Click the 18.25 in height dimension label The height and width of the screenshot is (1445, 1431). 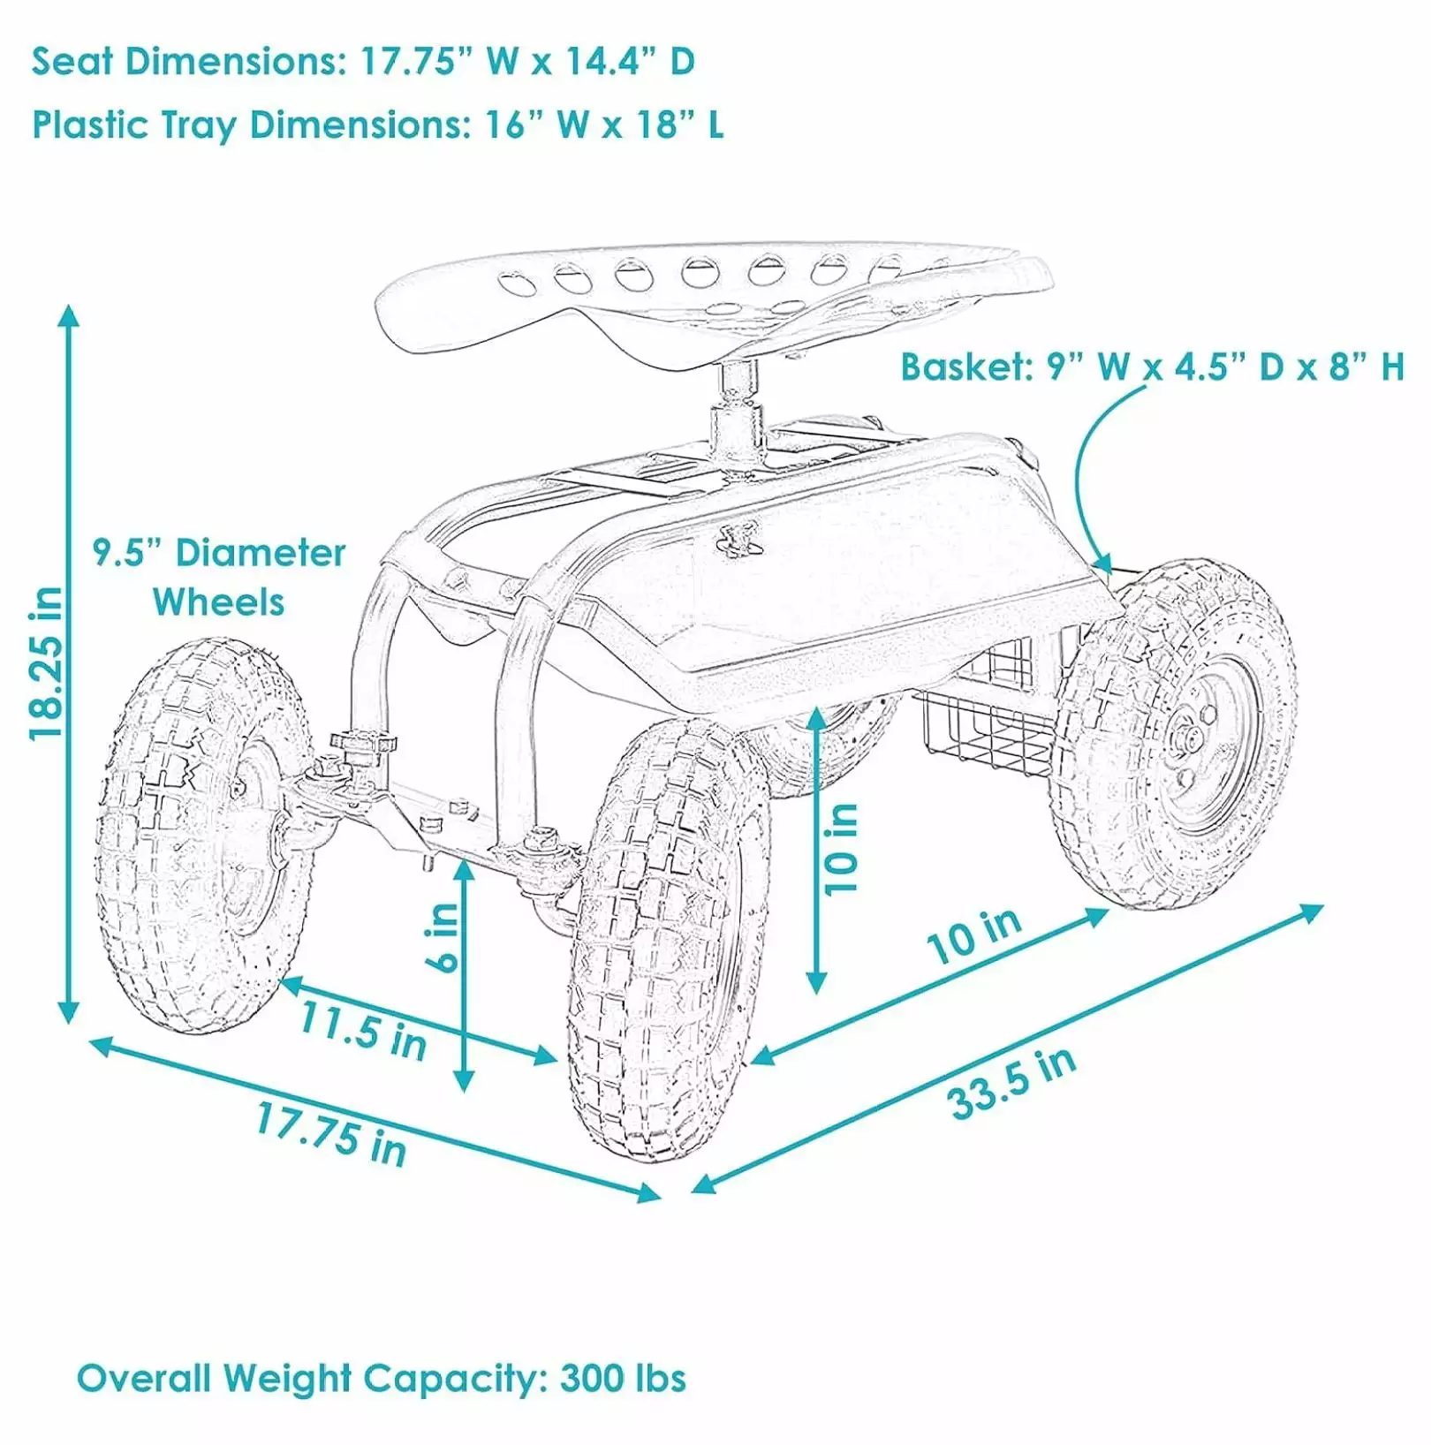tap(45, 663)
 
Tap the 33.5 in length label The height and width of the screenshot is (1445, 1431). tap(1012, 1083)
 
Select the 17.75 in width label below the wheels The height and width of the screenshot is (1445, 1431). tap(331, 1134)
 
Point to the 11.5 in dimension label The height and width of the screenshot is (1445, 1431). tap(363, 1030)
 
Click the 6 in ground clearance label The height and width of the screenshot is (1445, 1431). tap(445, 936)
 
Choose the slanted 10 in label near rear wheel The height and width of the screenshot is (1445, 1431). tap(974, 935)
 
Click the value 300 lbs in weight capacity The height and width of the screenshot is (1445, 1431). tap(623, 1378)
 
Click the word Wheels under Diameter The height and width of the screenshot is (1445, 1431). tap(219, 602)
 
